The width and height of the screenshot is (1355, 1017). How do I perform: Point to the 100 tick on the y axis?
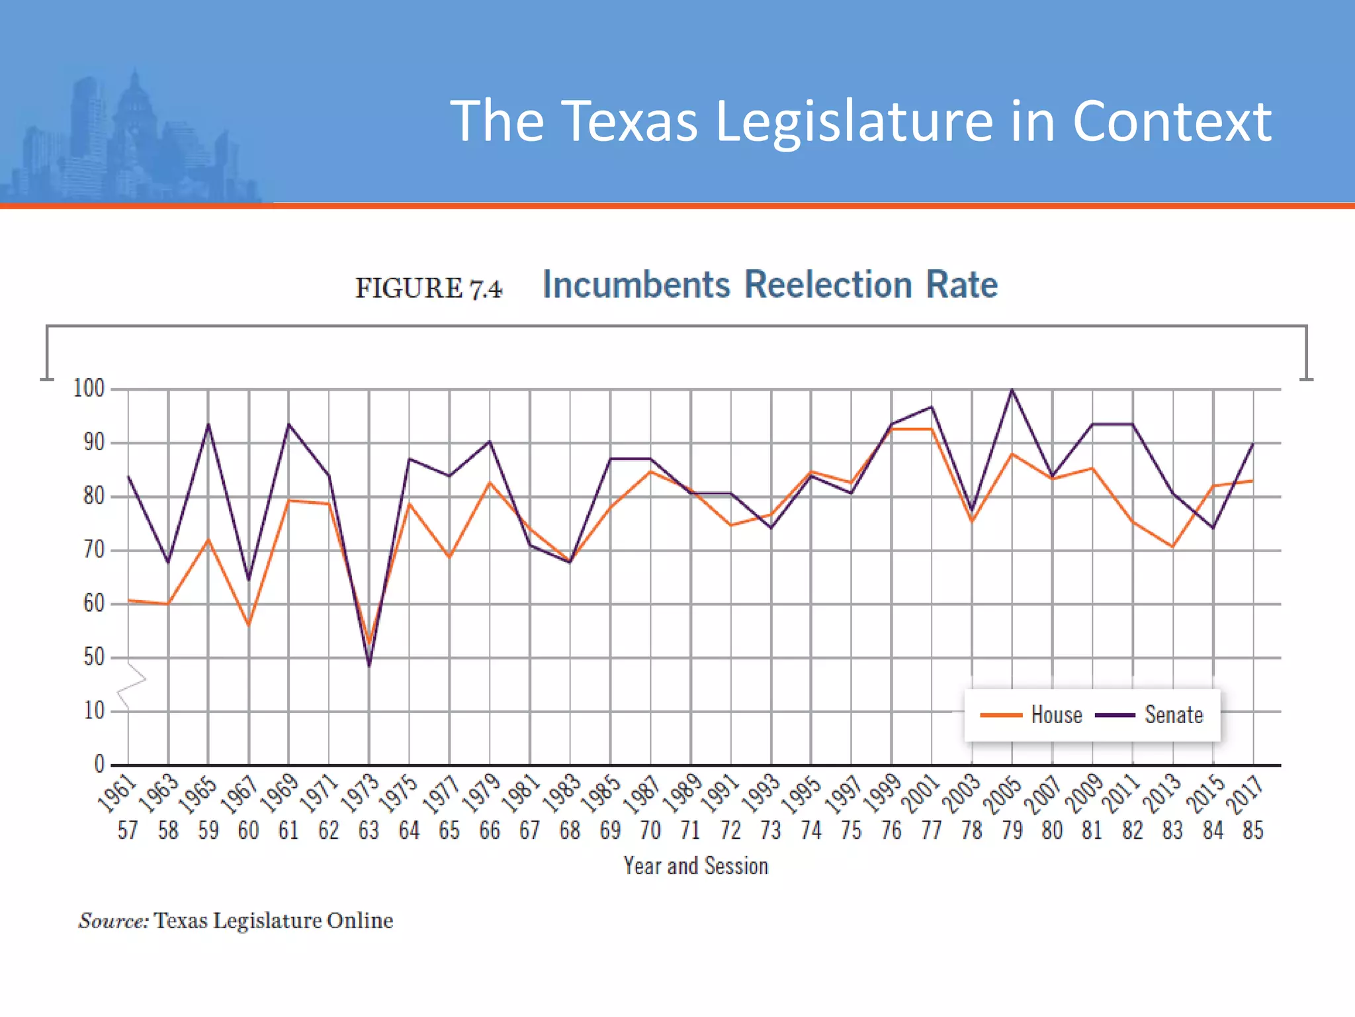tap(89, 389)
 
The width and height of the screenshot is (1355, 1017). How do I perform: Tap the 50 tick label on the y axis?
tap(93, 657)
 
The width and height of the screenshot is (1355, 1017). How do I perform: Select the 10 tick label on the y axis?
tap(93, 711)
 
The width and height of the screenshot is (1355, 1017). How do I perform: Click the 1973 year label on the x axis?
tap(360, 793)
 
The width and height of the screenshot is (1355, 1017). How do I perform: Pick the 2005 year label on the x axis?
tap(1003, 793)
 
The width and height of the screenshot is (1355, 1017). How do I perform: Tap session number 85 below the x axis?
tap(1253, 830)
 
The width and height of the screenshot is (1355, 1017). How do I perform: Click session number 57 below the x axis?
tap(128, 830)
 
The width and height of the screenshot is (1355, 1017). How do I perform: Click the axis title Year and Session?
tap(696, 866)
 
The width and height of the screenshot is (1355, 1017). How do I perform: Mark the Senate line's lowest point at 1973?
tap(369, 665)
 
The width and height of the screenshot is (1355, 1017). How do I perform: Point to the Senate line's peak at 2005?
tap(1012, 390)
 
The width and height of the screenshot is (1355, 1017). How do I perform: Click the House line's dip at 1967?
tap(249, 624)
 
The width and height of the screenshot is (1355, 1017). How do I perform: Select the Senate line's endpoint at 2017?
tap(1253, 444)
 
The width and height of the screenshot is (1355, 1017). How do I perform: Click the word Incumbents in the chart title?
tap(636, 285)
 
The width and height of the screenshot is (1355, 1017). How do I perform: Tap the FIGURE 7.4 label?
tap(429, 288)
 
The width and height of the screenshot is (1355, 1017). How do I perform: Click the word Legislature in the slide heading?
tap(853, 121)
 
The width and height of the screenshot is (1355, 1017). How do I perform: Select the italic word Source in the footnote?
tap(113, 921)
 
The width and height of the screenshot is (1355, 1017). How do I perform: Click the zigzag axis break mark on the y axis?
tap(132, 685)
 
